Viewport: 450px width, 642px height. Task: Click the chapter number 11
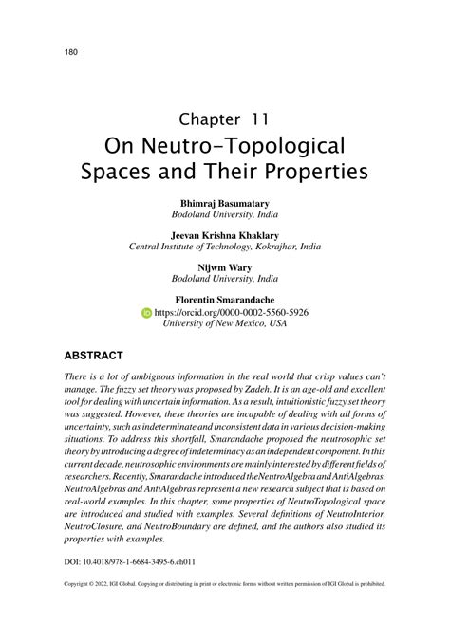(x=261, y=119)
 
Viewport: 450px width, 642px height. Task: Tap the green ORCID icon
(x=146, y=312)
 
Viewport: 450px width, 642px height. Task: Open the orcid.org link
(x=230, y=312)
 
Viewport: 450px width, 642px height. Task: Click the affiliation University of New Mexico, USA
(x=225, y=323)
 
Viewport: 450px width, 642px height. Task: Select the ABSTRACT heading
(x=93, y=356)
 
